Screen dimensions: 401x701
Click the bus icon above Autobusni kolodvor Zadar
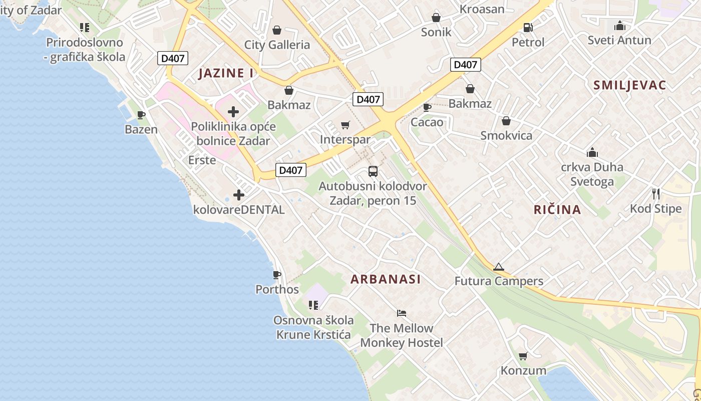[x=373, y=171]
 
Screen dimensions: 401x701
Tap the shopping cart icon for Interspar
[x=345, y=125]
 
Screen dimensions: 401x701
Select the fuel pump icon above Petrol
[x=528, y=28]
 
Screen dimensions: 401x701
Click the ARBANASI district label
[x=386, y=279]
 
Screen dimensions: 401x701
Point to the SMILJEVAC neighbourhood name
[x=629, y=85]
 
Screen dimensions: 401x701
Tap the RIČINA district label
[x=557, y=210]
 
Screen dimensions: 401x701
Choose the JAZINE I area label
[x=226, y=73]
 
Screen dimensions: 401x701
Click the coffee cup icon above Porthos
[x=276, y=275]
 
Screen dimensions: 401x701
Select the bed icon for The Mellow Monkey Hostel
[x=401, y=313]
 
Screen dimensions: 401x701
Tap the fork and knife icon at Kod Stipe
[x=656, y=193]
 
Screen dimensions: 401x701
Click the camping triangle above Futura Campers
[x=498, y=267]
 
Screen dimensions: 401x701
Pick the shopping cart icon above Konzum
[x=523, y=356]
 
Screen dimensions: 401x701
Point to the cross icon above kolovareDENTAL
[x=239, y=194]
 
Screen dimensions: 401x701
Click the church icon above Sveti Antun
[x=620, y=26]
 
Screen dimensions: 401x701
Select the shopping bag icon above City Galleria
[x=276, y=30]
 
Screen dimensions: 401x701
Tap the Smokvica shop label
[x=506, y=135]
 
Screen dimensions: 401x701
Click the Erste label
[x=202, y=160]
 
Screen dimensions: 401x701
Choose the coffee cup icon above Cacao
[x=427, y=107]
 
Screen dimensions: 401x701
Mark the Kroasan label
[x=482, y=9]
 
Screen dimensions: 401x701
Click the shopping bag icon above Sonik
[x=436, y=18]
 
